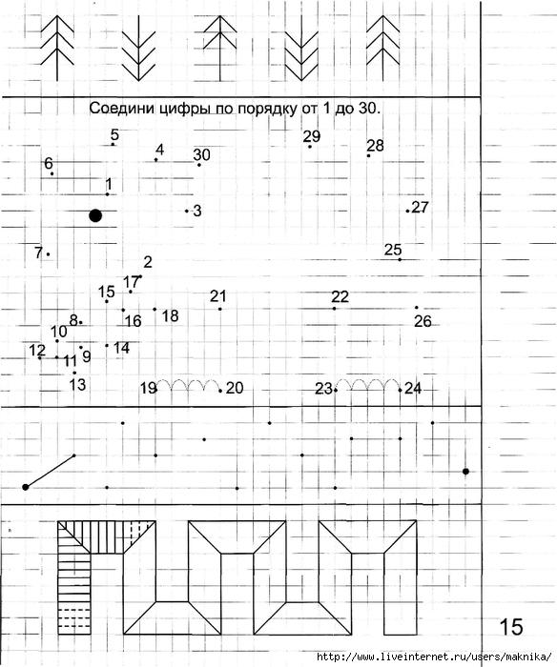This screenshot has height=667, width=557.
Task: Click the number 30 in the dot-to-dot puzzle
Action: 202,154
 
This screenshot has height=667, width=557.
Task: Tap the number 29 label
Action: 312,136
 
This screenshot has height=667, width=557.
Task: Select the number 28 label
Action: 375,146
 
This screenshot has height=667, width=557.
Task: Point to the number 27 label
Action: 421,207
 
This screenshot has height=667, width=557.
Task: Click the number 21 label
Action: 218,296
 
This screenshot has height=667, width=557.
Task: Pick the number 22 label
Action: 340,296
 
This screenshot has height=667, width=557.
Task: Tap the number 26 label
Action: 423,321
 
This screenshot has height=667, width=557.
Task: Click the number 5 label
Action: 114,135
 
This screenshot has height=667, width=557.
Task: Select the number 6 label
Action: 49,163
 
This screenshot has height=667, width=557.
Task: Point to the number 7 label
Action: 39,253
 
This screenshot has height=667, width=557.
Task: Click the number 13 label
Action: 77,385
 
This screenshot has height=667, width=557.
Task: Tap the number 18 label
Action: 170,315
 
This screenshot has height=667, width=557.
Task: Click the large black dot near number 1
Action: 95,215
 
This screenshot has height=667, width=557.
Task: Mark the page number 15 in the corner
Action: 510,627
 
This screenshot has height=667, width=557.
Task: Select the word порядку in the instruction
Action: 266,109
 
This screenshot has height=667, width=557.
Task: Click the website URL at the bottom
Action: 434,657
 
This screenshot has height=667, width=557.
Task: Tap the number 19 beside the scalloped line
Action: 148,388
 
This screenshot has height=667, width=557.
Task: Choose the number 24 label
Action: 413,388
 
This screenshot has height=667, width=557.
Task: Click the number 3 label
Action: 197,211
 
